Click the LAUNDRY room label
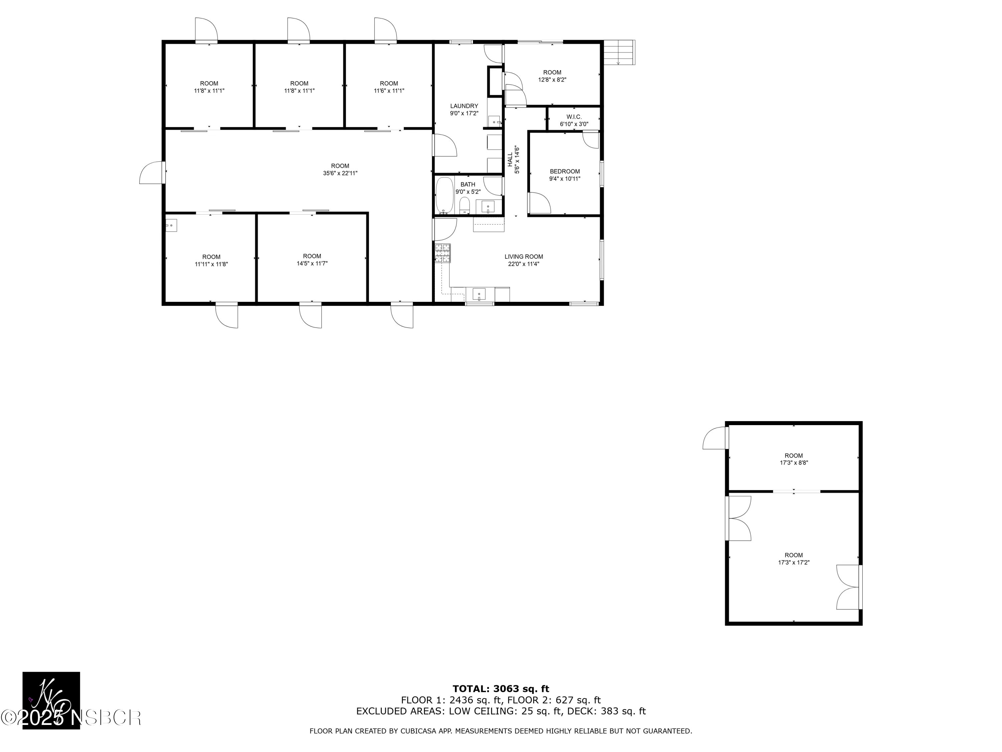[464, 106]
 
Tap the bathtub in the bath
[444, 196]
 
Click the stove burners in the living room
[443, 253]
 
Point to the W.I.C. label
[573, 117]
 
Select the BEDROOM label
[564, 171]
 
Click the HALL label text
[510, 159]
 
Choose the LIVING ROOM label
[524, 257]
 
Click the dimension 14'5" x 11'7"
[312, 263]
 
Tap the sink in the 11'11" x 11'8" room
[171, 225]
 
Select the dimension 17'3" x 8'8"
[794, 463]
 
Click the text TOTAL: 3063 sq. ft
[501, 689]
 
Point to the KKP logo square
[51, 700]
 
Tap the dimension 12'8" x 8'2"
[552, 80]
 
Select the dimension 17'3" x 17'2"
[794, 562]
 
